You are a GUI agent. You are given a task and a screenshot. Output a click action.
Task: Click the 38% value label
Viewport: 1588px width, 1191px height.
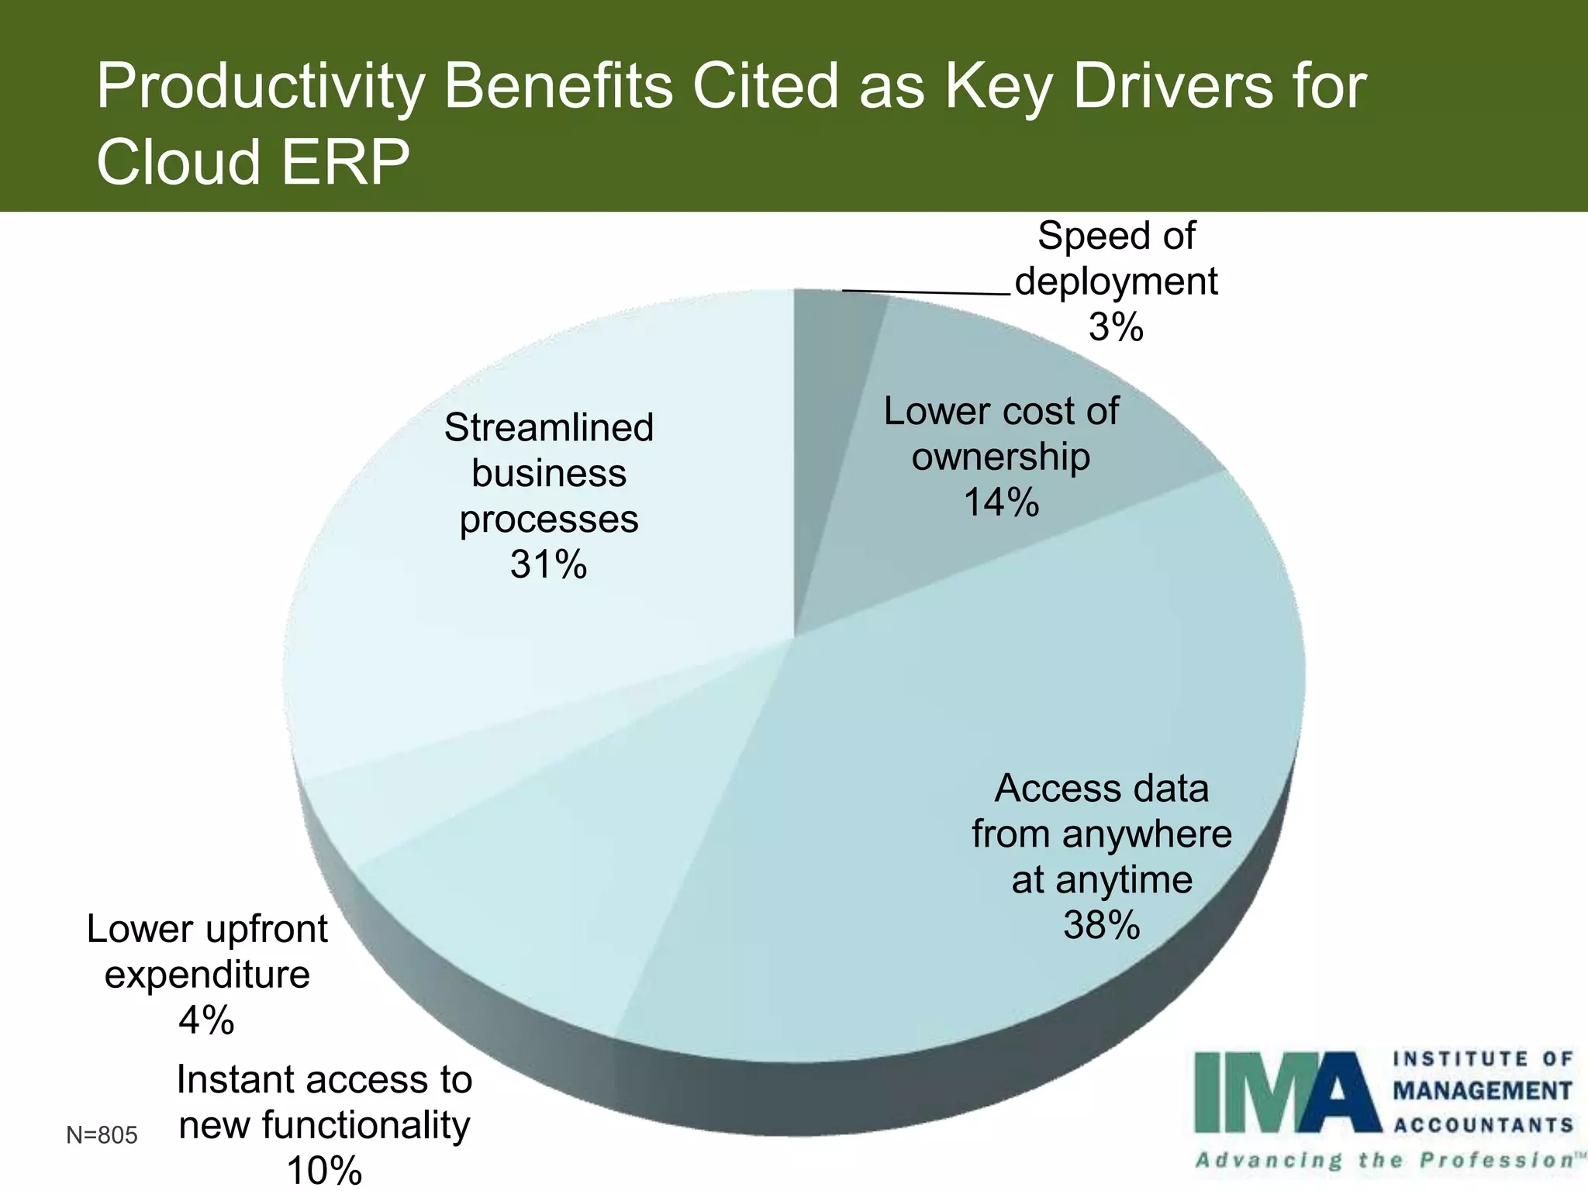(x=1101, y=925)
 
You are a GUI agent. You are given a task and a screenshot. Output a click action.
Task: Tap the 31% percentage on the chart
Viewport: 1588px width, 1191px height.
(x=548, y=564)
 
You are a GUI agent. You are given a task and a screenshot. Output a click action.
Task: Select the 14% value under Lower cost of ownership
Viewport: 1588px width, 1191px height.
(x=1000, y=502)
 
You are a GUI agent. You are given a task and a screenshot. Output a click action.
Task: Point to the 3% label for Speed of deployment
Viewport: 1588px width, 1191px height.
(x=1116, y=327)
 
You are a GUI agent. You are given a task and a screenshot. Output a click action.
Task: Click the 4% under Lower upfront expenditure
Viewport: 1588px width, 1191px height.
(x=206, y=1020)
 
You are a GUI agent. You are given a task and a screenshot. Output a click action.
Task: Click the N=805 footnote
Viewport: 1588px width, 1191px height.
(x=102, y=1135)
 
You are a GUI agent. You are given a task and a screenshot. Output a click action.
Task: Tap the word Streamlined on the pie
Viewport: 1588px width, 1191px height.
(x=548, y=427)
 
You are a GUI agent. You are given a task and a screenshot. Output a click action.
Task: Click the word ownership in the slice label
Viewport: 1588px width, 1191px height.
(x=1000, y=457)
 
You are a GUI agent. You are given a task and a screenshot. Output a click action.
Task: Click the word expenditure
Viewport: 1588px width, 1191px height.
(x=207, y=975)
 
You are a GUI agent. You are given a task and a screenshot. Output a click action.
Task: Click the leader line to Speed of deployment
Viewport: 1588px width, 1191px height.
(x=927, y=292)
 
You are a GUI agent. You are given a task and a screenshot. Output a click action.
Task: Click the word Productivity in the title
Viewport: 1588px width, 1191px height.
(x=261, y=87)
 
